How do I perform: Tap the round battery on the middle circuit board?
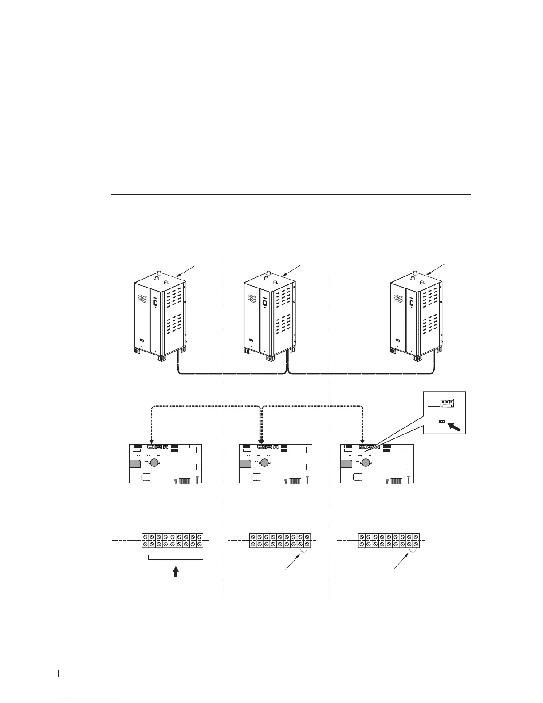(265, 462)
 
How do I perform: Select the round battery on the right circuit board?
(366, 462)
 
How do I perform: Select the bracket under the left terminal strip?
(175, 558)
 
